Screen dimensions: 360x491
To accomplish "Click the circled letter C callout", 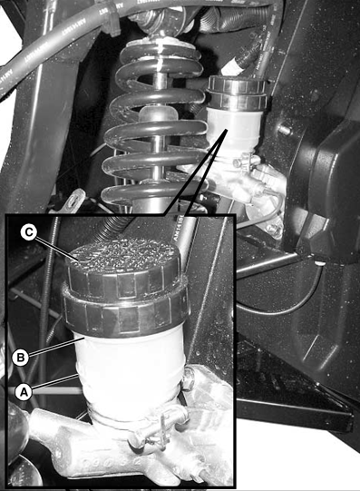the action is pos(29,233).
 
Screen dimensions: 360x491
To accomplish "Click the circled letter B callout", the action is pos(21,358).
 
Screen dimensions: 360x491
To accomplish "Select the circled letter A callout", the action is pos(24,392).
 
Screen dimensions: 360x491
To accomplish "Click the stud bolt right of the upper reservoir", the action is pos(284,129).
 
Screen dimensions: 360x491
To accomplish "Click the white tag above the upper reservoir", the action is pos(232,68).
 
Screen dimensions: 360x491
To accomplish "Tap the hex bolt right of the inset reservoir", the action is pos(188,379).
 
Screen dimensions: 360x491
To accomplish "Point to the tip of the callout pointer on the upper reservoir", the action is pos(226,129).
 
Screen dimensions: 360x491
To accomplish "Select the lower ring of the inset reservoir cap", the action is pos(126,316).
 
